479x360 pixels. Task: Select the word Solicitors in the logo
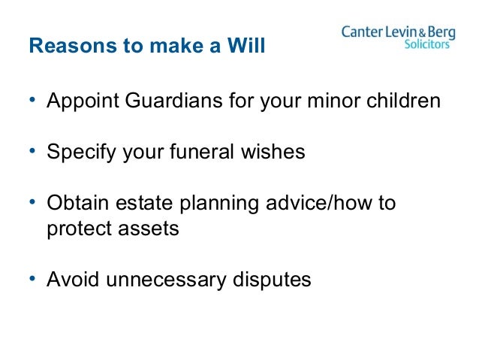(426, 44)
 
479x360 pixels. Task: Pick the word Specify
(78, 153)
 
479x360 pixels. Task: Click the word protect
(78, 228)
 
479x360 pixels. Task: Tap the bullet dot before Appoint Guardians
(33, 100)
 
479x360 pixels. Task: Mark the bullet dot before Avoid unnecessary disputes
(33, 280)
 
